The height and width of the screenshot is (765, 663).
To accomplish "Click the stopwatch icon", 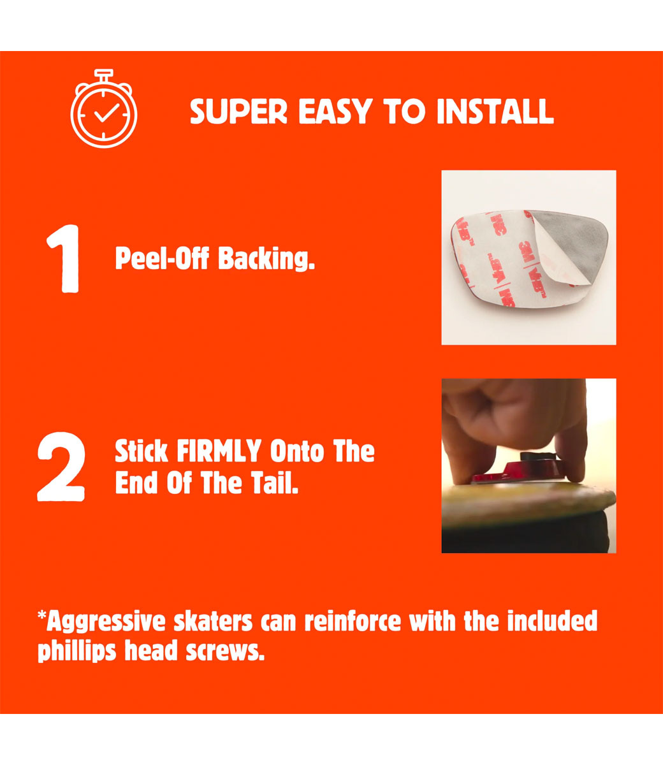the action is (104, 108).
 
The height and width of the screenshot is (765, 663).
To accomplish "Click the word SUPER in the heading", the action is (238, 112).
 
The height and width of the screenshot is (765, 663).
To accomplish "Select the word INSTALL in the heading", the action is (495, 111).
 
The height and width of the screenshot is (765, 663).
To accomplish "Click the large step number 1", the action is (63, 259).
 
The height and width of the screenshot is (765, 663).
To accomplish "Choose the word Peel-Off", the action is (162, 258).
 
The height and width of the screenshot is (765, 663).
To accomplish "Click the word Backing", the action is (266, 259).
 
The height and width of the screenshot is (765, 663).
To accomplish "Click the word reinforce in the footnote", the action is (353, 621).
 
